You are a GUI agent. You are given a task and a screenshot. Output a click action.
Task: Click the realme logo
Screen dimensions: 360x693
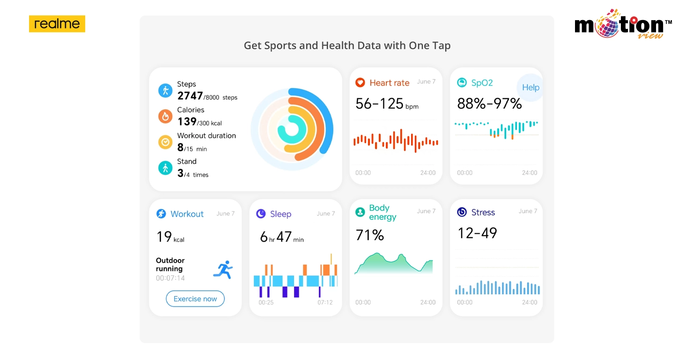(57, 24)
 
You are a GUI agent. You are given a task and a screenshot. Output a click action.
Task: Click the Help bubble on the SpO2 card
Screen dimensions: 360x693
(531, 87)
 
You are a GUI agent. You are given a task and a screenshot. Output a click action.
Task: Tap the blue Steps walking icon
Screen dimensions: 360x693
(165, 90)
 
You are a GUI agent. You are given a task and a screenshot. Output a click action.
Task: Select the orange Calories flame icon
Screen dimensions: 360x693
(165, 116)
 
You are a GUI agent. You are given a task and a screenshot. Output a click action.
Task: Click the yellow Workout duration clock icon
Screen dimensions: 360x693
(165, 142)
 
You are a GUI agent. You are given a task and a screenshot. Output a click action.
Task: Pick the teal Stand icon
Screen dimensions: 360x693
(165, 167)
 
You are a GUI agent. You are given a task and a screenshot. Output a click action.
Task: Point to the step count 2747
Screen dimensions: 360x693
(190, 96)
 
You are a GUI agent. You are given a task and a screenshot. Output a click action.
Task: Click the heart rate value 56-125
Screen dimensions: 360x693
(379, 104)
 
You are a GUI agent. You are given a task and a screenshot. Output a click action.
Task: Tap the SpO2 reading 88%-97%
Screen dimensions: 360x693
(489, 104)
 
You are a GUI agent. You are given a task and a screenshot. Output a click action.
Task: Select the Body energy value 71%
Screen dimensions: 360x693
(370, 235)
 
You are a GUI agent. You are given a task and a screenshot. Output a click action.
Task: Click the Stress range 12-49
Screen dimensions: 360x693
(477, 233)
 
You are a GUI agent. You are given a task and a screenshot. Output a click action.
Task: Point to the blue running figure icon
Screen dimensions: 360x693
(223, 270)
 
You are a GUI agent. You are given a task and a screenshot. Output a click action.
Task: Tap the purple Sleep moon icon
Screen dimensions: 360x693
(261, 214)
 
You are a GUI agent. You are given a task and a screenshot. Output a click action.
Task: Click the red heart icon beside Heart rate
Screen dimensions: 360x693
(360, 83)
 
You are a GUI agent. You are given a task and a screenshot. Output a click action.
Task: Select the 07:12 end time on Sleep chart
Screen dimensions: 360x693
(325, 302)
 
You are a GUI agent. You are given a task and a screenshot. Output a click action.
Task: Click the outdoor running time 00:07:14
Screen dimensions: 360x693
(170, 278)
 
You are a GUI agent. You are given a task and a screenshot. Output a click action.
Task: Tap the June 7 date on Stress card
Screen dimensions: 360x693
(528, 211)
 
